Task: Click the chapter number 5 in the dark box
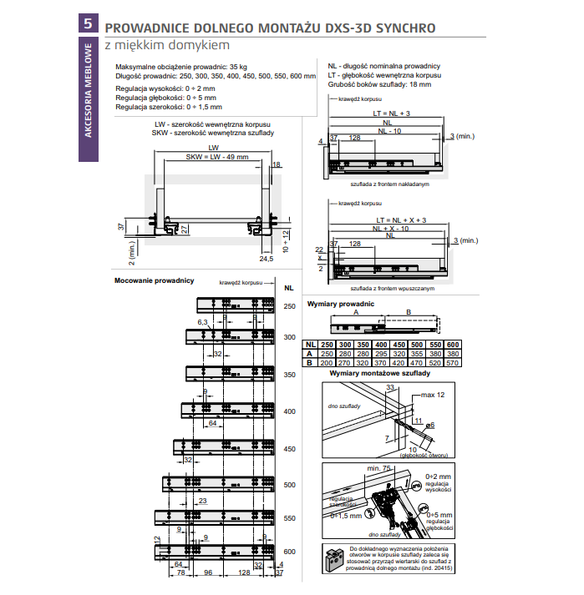87,24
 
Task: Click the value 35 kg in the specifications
238,67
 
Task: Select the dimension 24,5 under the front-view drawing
266,259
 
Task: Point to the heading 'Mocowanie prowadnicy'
154,280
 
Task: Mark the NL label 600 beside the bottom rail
289,552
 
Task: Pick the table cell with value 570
452,364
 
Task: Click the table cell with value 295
380,355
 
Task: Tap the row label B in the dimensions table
309,364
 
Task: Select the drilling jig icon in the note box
334,557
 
